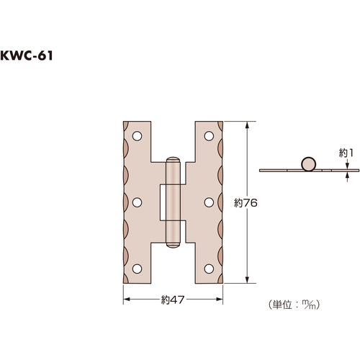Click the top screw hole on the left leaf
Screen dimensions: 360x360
[137, 136]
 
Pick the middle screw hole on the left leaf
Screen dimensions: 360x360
[137, 202]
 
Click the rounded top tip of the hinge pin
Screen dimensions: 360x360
[173, 159]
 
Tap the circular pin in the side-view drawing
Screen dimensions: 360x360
[307, 163]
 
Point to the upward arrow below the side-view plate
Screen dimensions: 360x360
[348, 174]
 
